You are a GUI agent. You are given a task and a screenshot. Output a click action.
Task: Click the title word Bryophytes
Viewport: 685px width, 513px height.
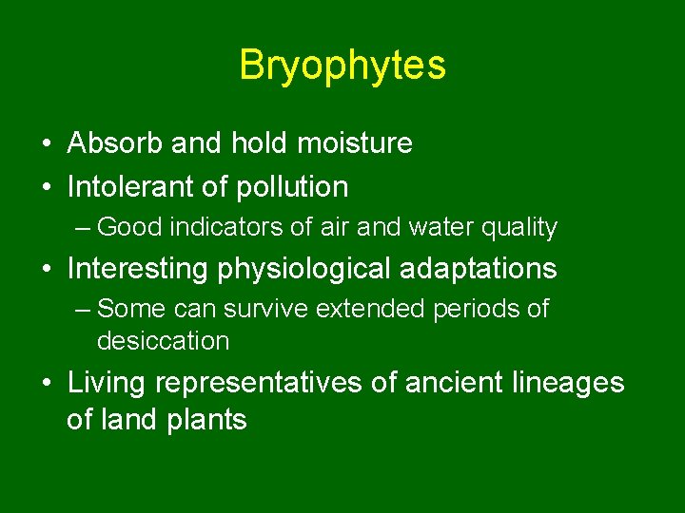342,66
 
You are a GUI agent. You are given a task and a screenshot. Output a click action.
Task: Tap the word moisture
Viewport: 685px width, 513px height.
355,143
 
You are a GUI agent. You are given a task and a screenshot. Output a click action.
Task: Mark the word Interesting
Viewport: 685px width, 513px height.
139,269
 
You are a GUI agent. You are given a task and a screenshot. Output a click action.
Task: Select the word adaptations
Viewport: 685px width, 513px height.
484,269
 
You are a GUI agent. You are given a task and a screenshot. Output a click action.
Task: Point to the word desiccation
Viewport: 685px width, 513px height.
163,340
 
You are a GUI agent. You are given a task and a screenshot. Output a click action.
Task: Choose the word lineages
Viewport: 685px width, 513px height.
575,383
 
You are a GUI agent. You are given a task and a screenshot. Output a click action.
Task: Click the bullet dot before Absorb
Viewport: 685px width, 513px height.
47,144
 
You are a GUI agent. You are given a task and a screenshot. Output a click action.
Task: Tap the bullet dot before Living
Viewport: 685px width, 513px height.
47,384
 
